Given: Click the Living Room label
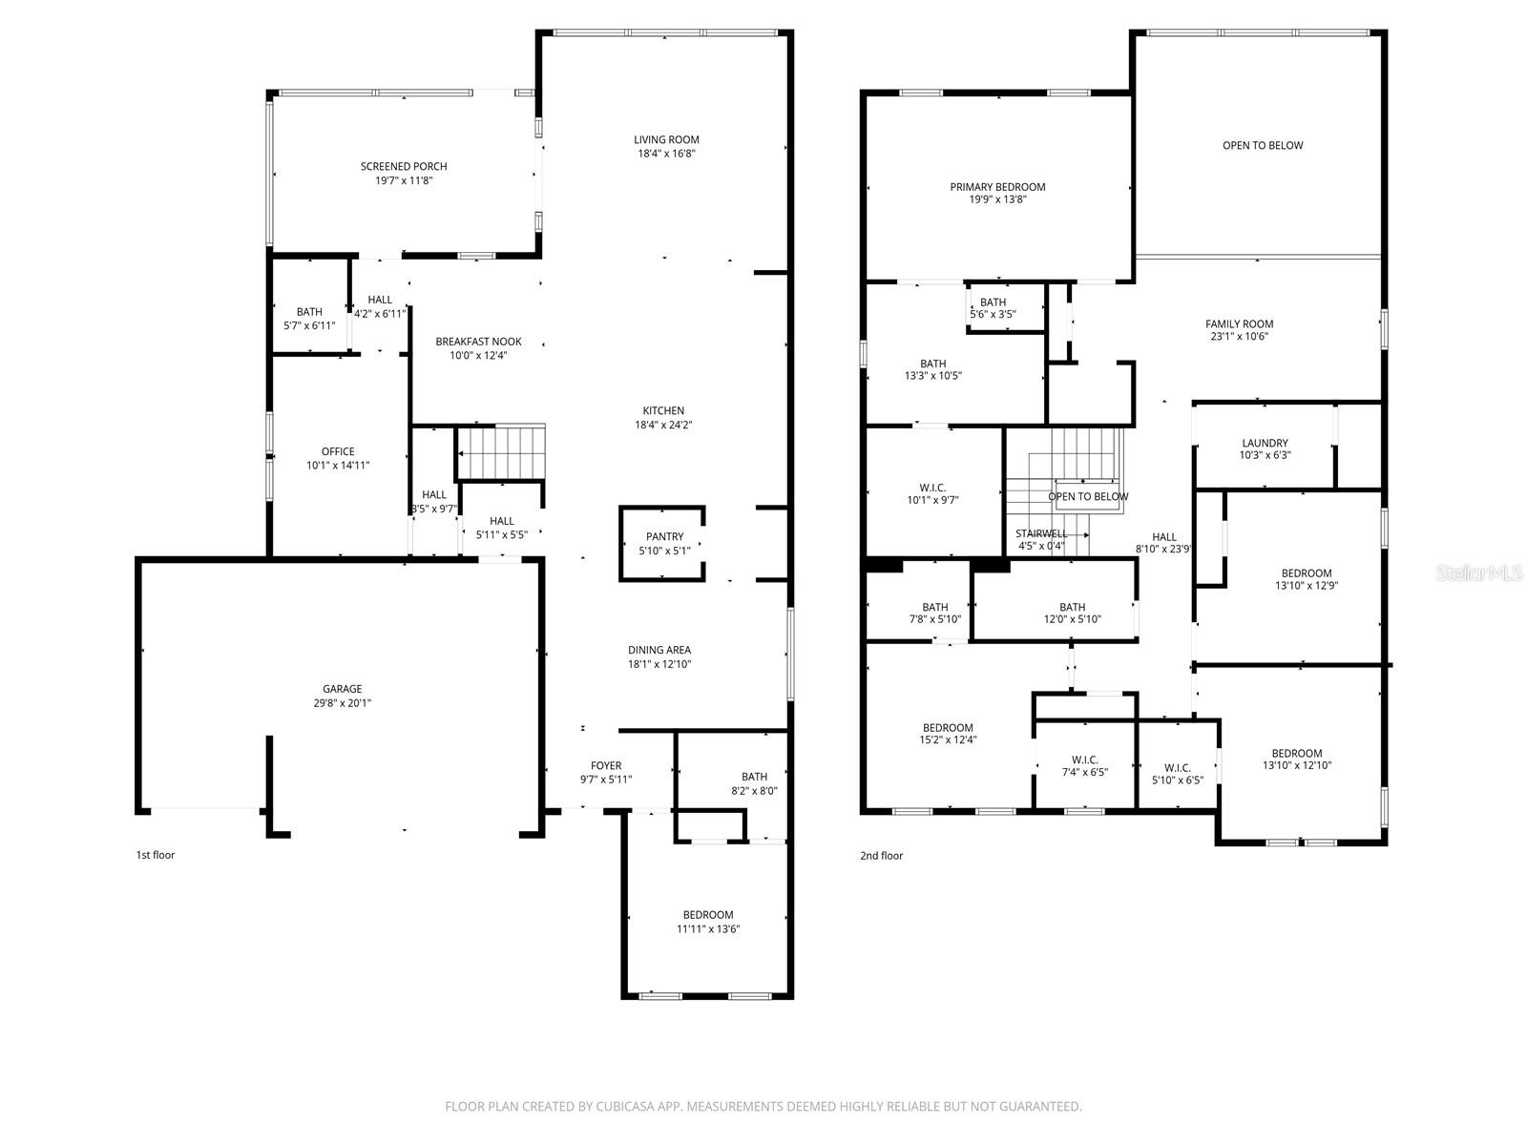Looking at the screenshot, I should pos(666,139).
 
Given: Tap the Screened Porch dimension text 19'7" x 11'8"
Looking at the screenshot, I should pos(404,179).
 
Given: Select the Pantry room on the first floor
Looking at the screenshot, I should pos(663,543).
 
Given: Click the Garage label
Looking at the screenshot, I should pos(342,689).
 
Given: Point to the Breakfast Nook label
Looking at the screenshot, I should pos(478,342).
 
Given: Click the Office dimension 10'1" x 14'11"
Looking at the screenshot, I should pos(338,466).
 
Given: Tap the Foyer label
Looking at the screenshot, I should pos(606,765).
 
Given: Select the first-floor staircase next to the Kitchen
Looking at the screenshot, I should pos(501,452).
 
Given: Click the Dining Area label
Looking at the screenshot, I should pos(659,651).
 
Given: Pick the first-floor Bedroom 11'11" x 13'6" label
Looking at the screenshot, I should pos(708,915).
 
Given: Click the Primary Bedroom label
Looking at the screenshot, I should pos(997,187).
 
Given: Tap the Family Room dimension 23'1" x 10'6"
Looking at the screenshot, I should pos(1239,336).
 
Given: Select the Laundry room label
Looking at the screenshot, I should pos(1265,443).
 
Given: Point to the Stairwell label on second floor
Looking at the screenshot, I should pos(1041,533).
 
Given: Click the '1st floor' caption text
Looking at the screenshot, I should pos(156,855).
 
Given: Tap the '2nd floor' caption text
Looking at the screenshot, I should pos(881,856).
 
